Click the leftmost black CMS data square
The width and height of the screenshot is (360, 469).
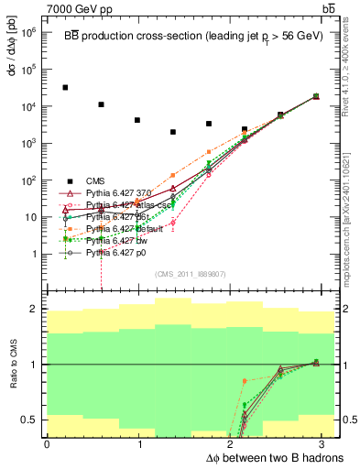(65, 88)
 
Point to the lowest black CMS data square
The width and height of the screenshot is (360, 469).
(173, 132)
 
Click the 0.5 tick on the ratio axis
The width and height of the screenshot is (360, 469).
(30, 420)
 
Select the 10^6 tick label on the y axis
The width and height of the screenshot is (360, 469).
(29, 32)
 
